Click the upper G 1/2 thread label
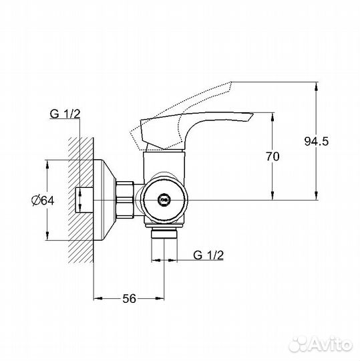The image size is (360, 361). [65, 115]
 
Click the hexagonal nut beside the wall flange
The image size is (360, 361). [126, 199]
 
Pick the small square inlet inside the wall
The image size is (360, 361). [84, 199]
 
